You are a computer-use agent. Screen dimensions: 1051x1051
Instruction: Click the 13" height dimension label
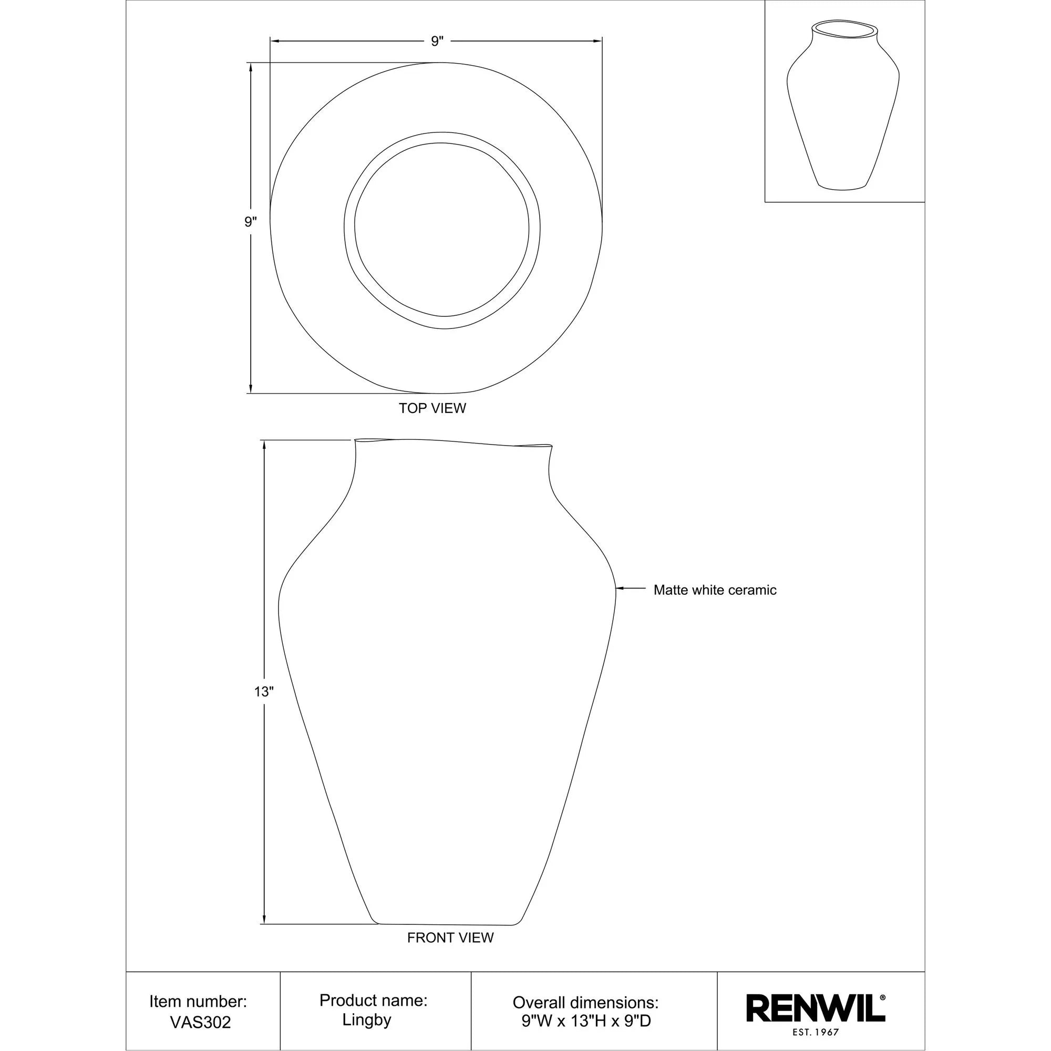point(264,692)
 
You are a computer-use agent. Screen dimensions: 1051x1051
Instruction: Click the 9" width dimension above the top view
point(437,42)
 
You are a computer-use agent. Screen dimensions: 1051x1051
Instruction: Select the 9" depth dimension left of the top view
point(250,222)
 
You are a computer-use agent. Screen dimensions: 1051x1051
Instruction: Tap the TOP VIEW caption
point(432,408)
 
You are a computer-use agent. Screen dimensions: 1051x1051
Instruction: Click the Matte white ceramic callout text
point(715,590)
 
